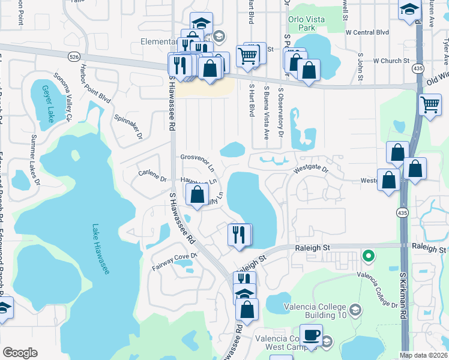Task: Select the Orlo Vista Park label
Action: pos(306,23)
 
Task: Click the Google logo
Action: pos(20,353)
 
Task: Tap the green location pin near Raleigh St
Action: pos(369,256)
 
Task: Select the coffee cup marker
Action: pos(311,335)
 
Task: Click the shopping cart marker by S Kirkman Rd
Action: pos(430,104)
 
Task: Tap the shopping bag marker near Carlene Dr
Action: pos(197,194)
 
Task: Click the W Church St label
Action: pos(391,61)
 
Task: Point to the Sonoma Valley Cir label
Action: pos(63,98)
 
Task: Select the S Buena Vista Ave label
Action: pos(267,112)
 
